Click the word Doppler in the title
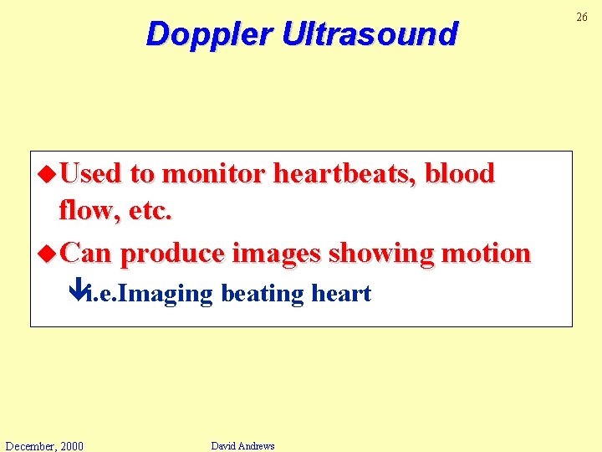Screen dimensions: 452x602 tap(209, 34)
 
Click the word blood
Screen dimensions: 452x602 tap(460, 173)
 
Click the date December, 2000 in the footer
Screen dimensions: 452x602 tap(43, 445)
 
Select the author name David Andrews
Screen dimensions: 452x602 tap(242, 445)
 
